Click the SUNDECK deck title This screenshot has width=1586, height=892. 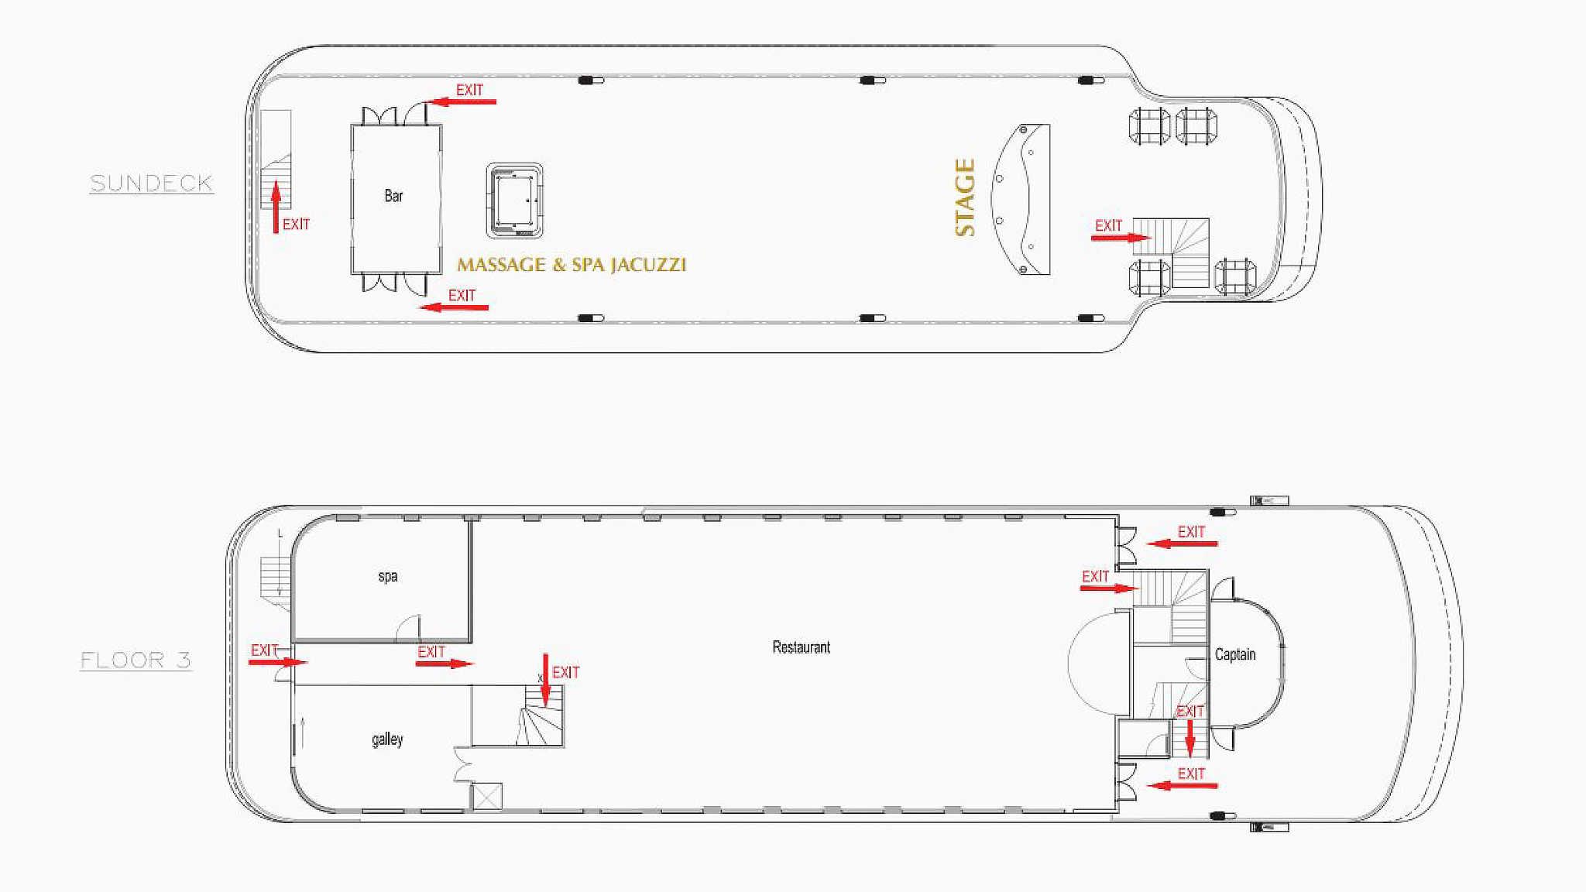click(x=151, y=184)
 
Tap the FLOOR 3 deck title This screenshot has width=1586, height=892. click(x=136, y=660)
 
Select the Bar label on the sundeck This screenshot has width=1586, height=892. click(x=393, y=196)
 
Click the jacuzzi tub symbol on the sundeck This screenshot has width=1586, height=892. click(x=514, y=201)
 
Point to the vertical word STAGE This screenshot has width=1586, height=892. click(x=965, y=197)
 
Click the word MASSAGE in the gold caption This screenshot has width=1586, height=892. click(x=501, y=265)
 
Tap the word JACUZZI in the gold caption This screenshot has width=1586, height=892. click(x=648, y=265)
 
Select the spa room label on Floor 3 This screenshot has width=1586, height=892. click(x=388, y=577)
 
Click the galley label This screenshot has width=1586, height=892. click(x=387, y=739)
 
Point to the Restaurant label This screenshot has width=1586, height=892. click(x=801, y=647)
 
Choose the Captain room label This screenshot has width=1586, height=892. click(x=1235, y=654)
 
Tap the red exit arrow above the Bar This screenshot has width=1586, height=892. click(x=461, y=101)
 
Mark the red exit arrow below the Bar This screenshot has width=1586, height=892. click(x=454, y=307)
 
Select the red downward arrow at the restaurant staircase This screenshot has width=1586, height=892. click(x=546, y=681)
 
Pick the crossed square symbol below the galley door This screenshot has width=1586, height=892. click(x=487, y=797)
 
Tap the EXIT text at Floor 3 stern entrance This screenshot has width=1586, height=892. click(x=264, y=650)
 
